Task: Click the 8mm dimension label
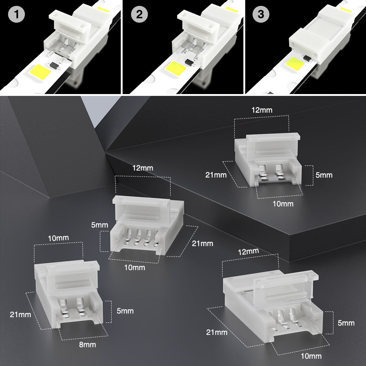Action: [87, 344]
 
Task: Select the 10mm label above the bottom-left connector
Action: [58, 238]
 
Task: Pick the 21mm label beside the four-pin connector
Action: [202, 243]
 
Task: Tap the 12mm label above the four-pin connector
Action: [143, 168]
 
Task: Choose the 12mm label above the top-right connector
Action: [262, 110]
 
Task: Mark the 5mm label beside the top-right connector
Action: [324, 175]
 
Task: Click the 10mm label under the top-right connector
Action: [283, 203]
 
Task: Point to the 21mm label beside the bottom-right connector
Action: [217, 332]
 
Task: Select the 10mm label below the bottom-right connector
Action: [311, 356]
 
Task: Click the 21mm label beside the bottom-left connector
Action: [20, 314]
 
